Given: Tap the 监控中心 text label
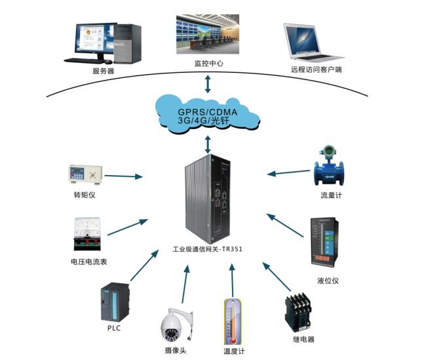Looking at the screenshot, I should click(x=208, y=64).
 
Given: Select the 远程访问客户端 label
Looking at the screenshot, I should click(x=317, y=69).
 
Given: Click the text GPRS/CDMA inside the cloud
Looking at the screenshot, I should click(x=208, y=111).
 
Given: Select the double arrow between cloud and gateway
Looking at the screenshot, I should click(x=208, y=144).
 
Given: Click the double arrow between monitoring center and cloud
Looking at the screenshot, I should click(x=208, y=83).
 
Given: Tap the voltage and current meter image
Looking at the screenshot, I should click(x=85, y=235).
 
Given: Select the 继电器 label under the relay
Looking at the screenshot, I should click(x=303, y=339).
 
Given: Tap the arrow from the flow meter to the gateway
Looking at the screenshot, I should click(x=288, y=172).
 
